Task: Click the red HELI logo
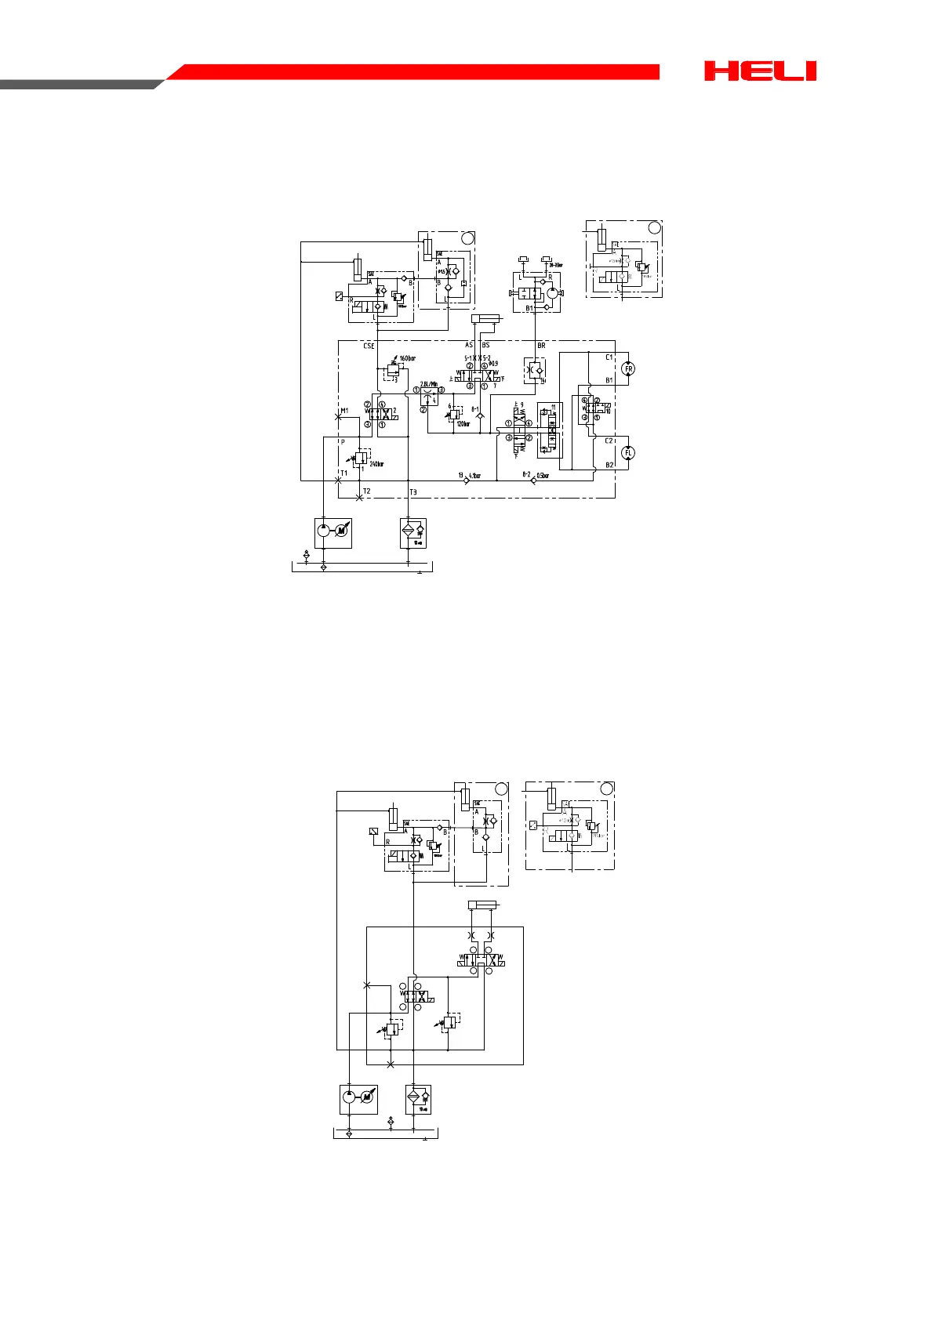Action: click(760, 71)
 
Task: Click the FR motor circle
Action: click(628, 368)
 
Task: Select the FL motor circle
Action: click(628, 452)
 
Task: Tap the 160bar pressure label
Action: click(408, 359)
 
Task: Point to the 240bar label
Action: click(376, 464)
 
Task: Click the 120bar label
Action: click(463, 424)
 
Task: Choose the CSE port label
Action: click(369, 346)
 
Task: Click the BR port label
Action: click(541, 346)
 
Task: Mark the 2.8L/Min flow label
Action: click(429, 383)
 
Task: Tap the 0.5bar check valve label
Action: click(543, 475)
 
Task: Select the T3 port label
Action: click(413, 492)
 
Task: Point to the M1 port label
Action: click(344, 411)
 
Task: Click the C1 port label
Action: click(609, 357)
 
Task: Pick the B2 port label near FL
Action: click(609, 465)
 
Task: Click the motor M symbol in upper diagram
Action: click(341, 532)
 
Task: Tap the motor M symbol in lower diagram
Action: click(367, 1099)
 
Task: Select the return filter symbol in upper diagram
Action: click(408, 532)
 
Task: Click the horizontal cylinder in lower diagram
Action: click(482, 905)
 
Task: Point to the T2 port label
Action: click(366, 491)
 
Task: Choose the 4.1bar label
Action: click(474, 475)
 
